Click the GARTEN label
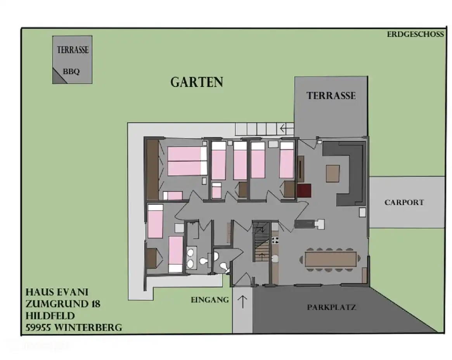click(x=197, y=82)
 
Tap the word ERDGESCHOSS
click(x=415, y=34)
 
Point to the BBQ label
click(x=71, y=71)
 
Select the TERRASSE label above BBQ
click(x=73, y=50)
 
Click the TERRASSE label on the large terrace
click(x=331, y=96)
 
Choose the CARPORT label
click(x=404, y=202)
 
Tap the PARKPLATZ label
click(x=331, y=307)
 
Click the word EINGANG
click(x=210, y=300)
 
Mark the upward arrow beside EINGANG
click(x=242, y=302)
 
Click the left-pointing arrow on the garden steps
click(x=287, y=127)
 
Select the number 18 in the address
click(x=95, y=304)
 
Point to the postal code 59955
click(x=39, y=328)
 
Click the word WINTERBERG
click(x=88, y=328)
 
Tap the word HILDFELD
click(x=50, y=316)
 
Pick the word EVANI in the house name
click(x=72, y=292)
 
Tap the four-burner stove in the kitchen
click(x=275, y=240)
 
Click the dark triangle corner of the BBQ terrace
click(x=59, y=77)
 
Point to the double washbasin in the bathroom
click(x=190, y=257)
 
